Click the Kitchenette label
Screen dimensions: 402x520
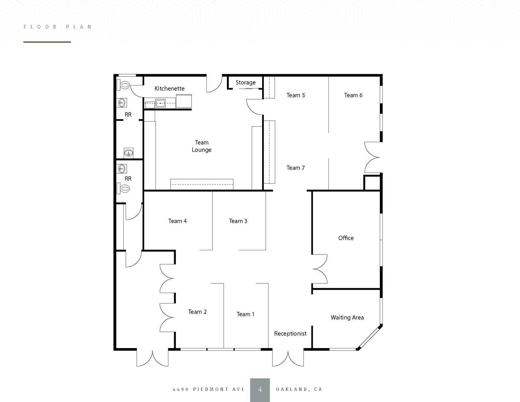point(169,88)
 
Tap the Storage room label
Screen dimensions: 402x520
point(245,82)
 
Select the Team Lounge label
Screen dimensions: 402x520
point(202,146)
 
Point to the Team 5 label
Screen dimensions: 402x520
point(296,95)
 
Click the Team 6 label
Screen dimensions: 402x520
point(353,95)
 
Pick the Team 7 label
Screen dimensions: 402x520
point(296,168)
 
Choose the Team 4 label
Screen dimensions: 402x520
point(177,221)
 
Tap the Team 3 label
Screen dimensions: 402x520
point(238,221)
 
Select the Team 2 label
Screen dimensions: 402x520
point(197,312)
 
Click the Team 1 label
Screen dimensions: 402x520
point(245,314)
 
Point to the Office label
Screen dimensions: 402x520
point(346,238)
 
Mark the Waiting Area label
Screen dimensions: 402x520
point(347,318)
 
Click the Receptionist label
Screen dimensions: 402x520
point(290,334)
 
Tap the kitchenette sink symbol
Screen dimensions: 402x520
point(160,103)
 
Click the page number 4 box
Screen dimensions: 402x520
point(260,390)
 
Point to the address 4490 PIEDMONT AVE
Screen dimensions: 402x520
point(209,389)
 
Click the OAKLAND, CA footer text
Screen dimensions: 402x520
point(299,389)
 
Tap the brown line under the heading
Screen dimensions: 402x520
point(47,42)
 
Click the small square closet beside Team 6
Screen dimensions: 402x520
point(372,183)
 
